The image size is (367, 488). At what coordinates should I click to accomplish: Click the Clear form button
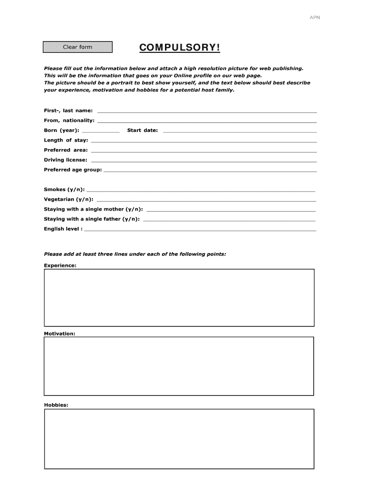78,47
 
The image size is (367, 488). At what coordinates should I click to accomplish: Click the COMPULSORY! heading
180,48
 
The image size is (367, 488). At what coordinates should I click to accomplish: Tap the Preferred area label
66,150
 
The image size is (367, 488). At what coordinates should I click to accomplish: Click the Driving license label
65,160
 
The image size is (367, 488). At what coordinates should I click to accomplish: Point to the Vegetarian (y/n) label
69,200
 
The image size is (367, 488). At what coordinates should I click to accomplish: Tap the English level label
63,229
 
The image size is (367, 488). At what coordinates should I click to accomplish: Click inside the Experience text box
179,297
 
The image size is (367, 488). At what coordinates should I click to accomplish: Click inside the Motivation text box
179,366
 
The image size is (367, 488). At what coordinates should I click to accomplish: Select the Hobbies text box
179,438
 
